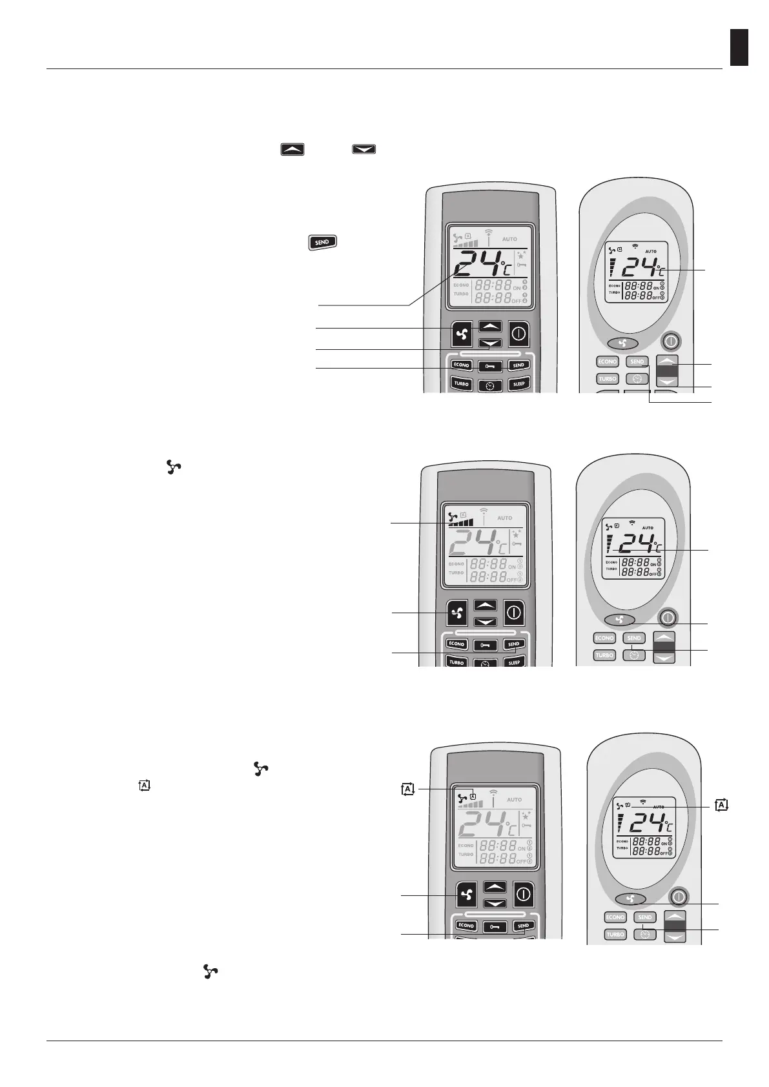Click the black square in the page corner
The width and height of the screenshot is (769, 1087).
click(739, 47)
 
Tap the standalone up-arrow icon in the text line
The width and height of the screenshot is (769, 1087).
click(292, 149)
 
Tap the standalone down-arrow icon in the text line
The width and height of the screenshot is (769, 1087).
click(364, 149)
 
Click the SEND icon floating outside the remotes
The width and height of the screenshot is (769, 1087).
click(323, 242)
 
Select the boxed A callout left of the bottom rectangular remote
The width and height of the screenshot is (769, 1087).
click(407, 789)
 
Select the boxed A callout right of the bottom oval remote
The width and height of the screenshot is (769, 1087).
click(722, 804)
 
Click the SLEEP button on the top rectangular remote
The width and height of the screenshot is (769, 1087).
click(518, 383)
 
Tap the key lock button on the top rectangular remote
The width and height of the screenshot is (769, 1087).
click(489, 366)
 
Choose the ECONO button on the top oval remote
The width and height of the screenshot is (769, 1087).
click(608, 362)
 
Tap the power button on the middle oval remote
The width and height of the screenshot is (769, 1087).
click(668, 618)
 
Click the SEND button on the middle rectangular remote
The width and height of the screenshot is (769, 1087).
click(514, 644)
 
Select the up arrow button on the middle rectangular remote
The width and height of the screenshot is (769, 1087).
click(486, 605)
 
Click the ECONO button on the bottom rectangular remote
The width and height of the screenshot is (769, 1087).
click(466, 926)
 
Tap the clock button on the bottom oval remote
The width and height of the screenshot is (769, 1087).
click(644, 933)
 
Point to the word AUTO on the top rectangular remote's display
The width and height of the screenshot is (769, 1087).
click(509, 239)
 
